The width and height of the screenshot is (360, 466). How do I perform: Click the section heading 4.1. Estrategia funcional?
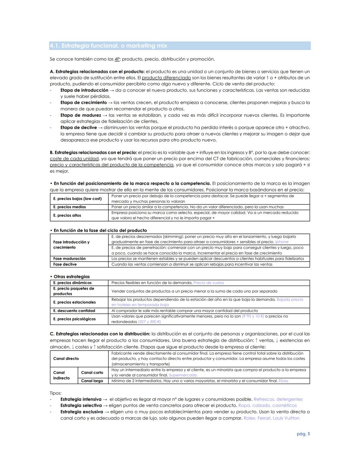point(108,46)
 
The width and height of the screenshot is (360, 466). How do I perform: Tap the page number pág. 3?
point(303,434)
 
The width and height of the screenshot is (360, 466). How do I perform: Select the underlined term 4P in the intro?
point(117,59)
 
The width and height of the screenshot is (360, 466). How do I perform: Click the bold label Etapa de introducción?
point(84,90)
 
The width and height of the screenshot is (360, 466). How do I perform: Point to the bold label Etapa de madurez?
point(80,115)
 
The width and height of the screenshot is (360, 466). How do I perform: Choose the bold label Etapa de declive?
point(78,127)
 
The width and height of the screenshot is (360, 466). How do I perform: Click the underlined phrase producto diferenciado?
point(166,78)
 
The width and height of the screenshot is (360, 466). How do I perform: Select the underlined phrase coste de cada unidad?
point(74,158)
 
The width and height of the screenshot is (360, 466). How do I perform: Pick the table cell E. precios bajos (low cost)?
point(77,198)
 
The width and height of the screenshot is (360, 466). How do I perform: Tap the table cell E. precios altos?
point(67,215)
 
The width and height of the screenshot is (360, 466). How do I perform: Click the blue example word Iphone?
point(282,242)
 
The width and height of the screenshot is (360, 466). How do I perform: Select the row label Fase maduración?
point(69,259)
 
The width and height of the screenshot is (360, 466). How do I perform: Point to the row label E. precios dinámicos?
point(72,283)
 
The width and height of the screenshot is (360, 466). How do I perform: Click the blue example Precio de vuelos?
point(209,283)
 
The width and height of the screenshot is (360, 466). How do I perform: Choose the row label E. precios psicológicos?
point(74,319)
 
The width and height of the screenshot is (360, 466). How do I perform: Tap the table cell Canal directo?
point(66,359)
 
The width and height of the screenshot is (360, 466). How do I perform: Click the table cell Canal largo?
point(92,381)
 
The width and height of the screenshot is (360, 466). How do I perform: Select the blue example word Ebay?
point(284,381)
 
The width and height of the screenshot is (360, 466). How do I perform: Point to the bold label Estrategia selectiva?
point(81,405)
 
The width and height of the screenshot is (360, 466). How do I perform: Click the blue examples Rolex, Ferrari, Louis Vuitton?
point(271,418)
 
